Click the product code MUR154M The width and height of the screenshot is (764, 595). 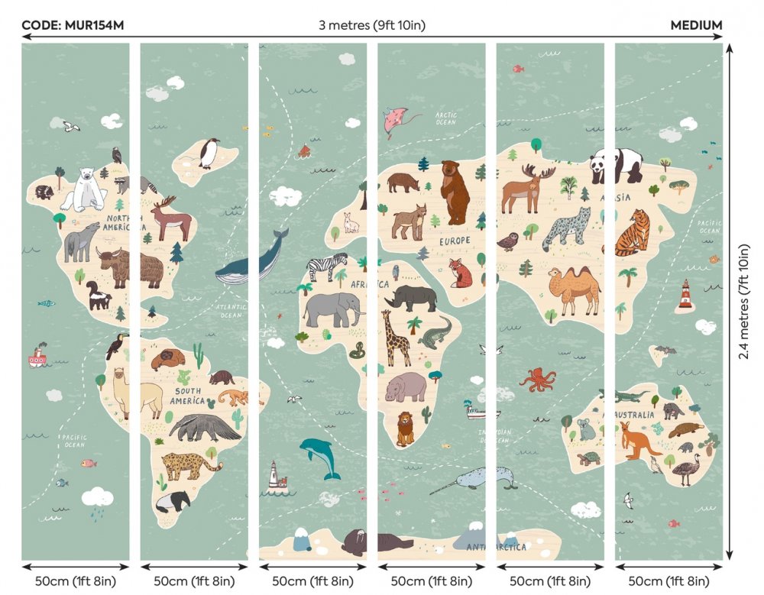point(73,25)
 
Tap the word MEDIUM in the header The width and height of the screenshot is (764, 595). point(696,25)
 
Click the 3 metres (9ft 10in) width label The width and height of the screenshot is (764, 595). point(372,25)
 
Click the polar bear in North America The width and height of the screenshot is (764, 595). point(85,190)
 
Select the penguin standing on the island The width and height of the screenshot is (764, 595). point(209,153)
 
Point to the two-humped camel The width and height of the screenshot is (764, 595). point(574,289)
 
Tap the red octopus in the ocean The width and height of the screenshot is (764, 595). point(539,380)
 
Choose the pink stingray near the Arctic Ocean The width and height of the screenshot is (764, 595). point(400,121)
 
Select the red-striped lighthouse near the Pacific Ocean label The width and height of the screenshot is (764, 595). point(685,295)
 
